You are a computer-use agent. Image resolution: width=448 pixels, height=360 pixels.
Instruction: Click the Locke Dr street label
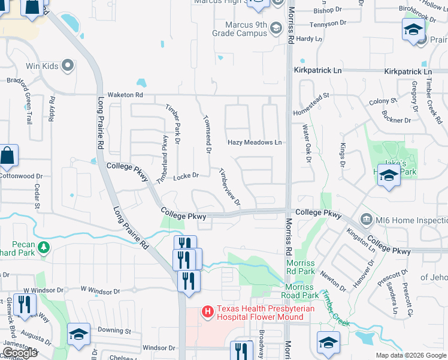coord(186,176)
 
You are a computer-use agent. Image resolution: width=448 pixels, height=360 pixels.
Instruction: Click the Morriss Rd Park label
coord(300,268)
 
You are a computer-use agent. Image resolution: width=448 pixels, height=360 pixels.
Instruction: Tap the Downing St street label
coord(114,330)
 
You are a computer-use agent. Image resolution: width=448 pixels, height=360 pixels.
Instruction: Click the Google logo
coord(20,353)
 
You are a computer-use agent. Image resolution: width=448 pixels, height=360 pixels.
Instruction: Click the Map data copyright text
coord(410,355)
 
